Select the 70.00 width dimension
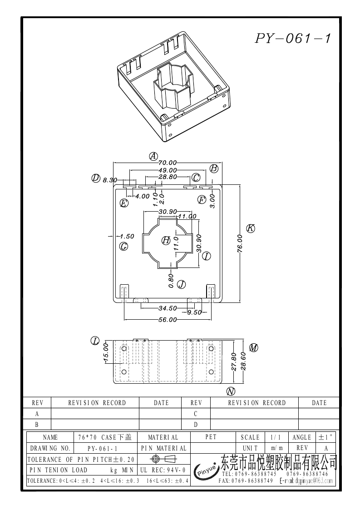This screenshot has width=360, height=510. point(167,162)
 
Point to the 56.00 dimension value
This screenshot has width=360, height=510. point(167,320)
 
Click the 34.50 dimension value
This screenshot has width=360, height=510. point(167,308)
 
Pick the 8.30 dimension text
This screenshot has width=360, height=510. point(110,180)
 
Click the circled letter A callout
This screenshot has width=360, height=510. point(153,156)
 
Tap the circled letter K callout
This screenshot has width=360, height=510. point(250,228)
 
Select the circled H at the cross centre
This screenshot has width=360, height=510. point(166,240)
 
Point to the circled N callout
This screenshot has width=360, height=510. point(231,391)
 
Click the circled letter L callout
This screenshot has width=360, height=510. point(95,341)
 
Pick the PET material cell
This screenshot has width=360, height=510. point(211,437)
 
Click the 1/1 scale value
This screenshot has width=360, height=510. point(276,437)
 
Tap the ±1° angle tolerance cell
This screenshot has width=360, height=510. point(325,437)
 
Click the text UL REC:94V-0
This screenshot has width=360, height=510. point(163,470)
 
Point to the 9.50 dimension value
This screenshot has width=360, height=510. point(194,312)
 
